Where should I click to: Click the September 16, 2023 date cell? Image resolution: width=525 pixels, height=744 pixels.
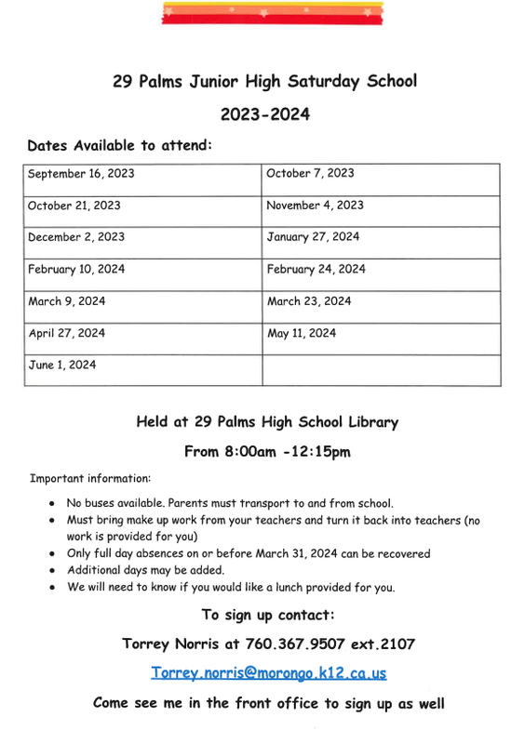(x=81, y=174)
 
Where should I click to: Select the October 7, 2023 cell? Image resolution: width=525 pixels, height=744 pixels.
(x=310, y=174)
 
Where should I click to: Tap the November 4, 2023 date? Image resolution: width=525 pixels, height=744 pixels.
(x=315, y=206)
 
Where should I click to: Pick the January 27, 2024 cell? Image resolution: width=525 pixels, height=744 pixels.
(x=313, y=237)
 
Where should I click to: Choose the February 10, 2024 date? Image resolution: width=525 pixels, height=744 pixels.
(x=76, y=270)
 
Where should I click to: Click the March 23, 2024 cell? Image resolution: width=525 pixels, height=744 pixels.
(x=309, y=301)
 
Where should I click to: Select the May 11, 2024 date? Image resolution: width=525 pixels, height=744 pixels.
(x=302, y=334)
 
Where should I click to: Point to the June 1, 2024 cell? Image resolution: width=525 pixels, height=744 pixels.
(x=61, y=365)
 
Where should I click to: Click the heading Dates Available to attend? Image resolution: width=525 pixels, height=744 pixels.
(x=120, y=146)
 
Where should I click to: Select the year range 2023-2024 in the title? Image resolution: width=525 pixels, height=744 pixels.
(x=264, y=115)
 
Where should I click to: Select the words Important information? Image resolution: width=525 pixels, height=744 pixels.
(x=90, y=479)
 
